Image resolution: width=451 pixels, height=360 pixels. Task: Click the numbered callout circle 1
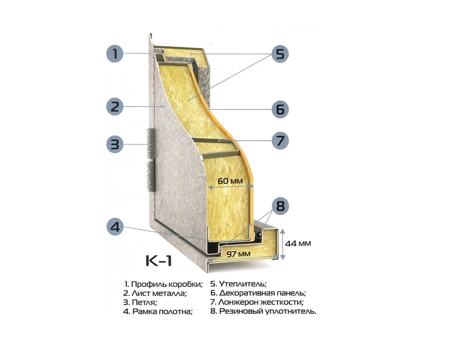[x=115, y=54]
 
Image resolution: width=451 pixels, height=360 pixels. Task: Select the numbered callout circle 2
[x=115, y=106]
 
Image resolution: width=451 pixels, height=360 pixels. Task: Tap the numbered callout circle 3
[x=115, y=144]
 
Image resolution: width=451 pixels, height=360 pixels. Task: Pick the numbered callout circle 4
[x=115, y=226]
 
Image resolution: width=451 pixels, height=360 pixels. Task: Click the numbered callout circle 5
[x=280, y=54]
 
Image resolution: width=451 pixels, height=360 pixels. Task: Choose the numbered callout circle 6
[x=280, y=109]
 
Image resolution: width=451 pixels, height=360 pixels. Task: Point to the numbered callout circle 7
[x=280, y=141]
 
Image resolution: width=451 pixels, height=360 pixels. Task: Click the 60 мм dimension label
[x=230, y=181]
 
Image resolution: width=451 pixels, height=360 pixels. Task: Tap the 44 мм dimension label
[x=298, y=243]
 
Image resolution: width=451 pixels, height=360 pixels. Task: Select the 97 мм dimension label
[x=239, y=254]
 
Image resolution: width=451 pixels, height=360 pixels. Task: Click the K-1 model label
[x=159, y=261]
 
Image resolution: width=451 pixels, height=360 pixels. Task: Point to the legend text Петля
[x=145, y=302]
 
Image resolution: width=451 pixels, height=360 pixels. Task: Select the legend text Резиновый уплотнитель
[x=268, y=311]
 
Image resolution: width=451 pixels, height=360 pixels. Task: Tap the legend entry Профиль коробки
[x=167, y=284]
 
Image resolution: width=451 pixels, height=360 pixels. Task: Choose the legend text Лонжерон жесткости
[x=261, y=302]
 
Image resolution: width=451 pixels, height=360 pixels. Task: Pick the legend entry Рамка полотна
[x=162, y=311]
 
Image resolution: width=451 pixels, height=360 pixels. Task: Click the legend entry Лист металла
[x=159, y=293]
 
